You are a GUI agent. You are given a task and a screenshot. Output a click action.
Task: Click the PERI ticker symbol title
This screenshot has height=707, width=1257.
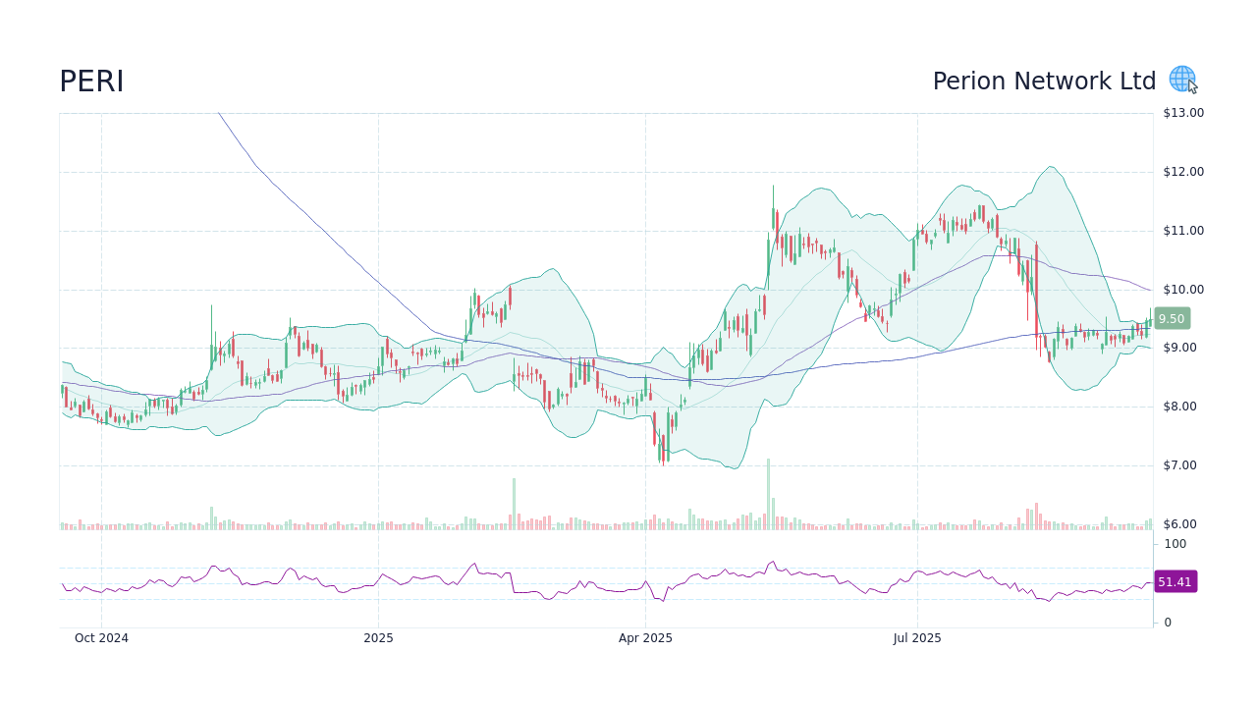(91, 82)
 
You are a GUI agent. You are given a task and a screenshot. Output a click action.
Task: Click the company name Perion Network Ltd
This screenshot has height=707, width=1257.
(1044, 82)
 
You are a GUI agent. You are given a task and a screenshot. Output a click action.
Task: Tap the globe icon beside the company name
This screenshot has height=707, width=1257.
(1181, 79)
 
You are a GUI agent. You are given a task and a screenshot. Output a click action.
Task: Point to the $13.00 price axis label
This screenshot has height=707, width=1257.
(1183, 113)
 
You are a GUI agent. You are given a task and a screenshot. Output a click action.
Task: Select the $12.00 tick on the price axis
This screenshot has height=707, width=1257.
(1183, 172)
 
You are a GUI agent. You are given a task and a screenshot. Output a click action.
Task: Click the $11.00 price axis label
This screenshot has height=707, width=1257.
(1183, 231)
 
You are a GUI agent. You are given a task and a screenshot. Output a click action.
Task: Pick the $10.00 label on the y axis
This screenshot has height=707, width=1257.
(1183, 290)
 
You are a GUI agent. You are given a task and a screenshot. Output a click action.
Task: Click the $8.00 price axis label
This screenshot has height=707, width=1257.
(1183, 407)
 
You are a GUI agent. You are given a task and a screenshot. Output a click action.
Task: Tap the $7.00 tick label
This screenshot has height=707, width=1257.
(1183, 465)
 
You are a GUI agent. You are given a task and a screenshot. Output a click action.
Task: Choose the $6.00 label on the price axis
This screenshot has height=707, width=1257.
(1183, 524)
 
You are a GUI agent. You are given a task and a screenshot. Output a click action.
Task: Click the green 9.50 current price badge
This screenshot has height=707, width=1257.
(1172, 318)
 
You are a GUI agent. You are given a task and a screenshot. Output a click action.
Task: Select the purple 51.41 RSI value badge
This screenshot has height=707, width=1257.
(1175, 582)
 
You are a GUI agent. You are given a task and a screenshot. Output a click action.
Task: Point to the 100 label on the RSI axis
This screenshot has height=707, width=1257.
(1175, 544)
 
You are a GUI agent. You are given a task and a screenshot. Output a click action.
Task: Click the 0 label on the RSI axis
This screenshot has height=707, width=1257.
(1168, 623)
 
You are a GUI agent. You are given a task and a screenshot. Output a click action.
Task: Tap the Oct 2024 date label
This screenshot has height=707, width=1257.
(101, 638)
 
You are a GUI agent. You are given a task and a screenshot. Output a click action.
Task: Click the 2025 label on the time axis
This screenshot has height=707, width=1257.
(378, 638)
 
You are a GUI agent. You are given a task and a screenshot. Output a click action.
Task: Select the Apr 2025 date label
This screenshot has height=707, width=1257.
(645, 638)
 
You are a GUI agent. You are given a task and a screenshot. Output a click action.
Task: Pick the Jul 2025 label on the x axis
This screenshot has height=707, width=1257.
(917, 638)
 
